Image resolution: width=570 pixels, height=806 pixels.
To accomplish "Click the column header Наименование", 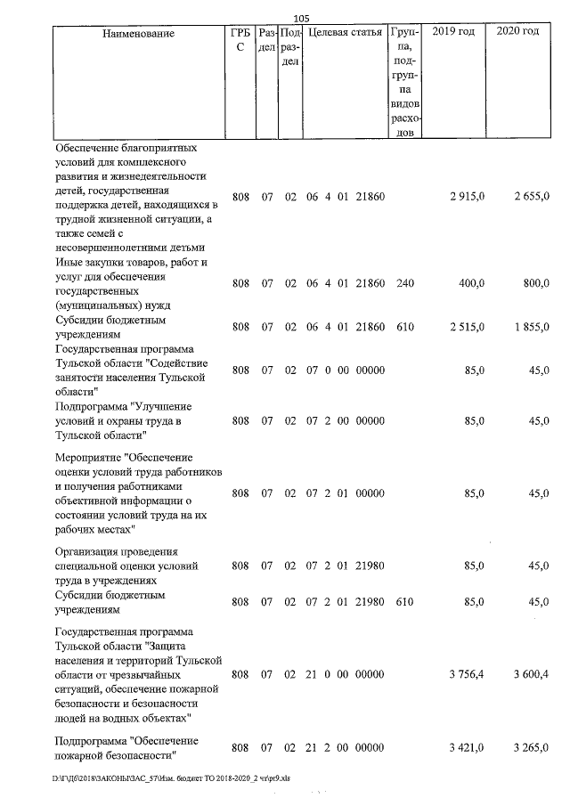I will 138,33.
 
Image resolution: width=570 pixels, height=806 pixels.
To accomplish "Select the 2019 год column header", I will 453,33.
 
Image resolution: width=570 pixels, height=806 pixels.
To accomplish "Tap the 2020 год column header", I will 518,33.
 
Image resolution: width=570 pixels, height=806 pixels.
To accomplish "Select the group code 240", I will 405,283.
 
